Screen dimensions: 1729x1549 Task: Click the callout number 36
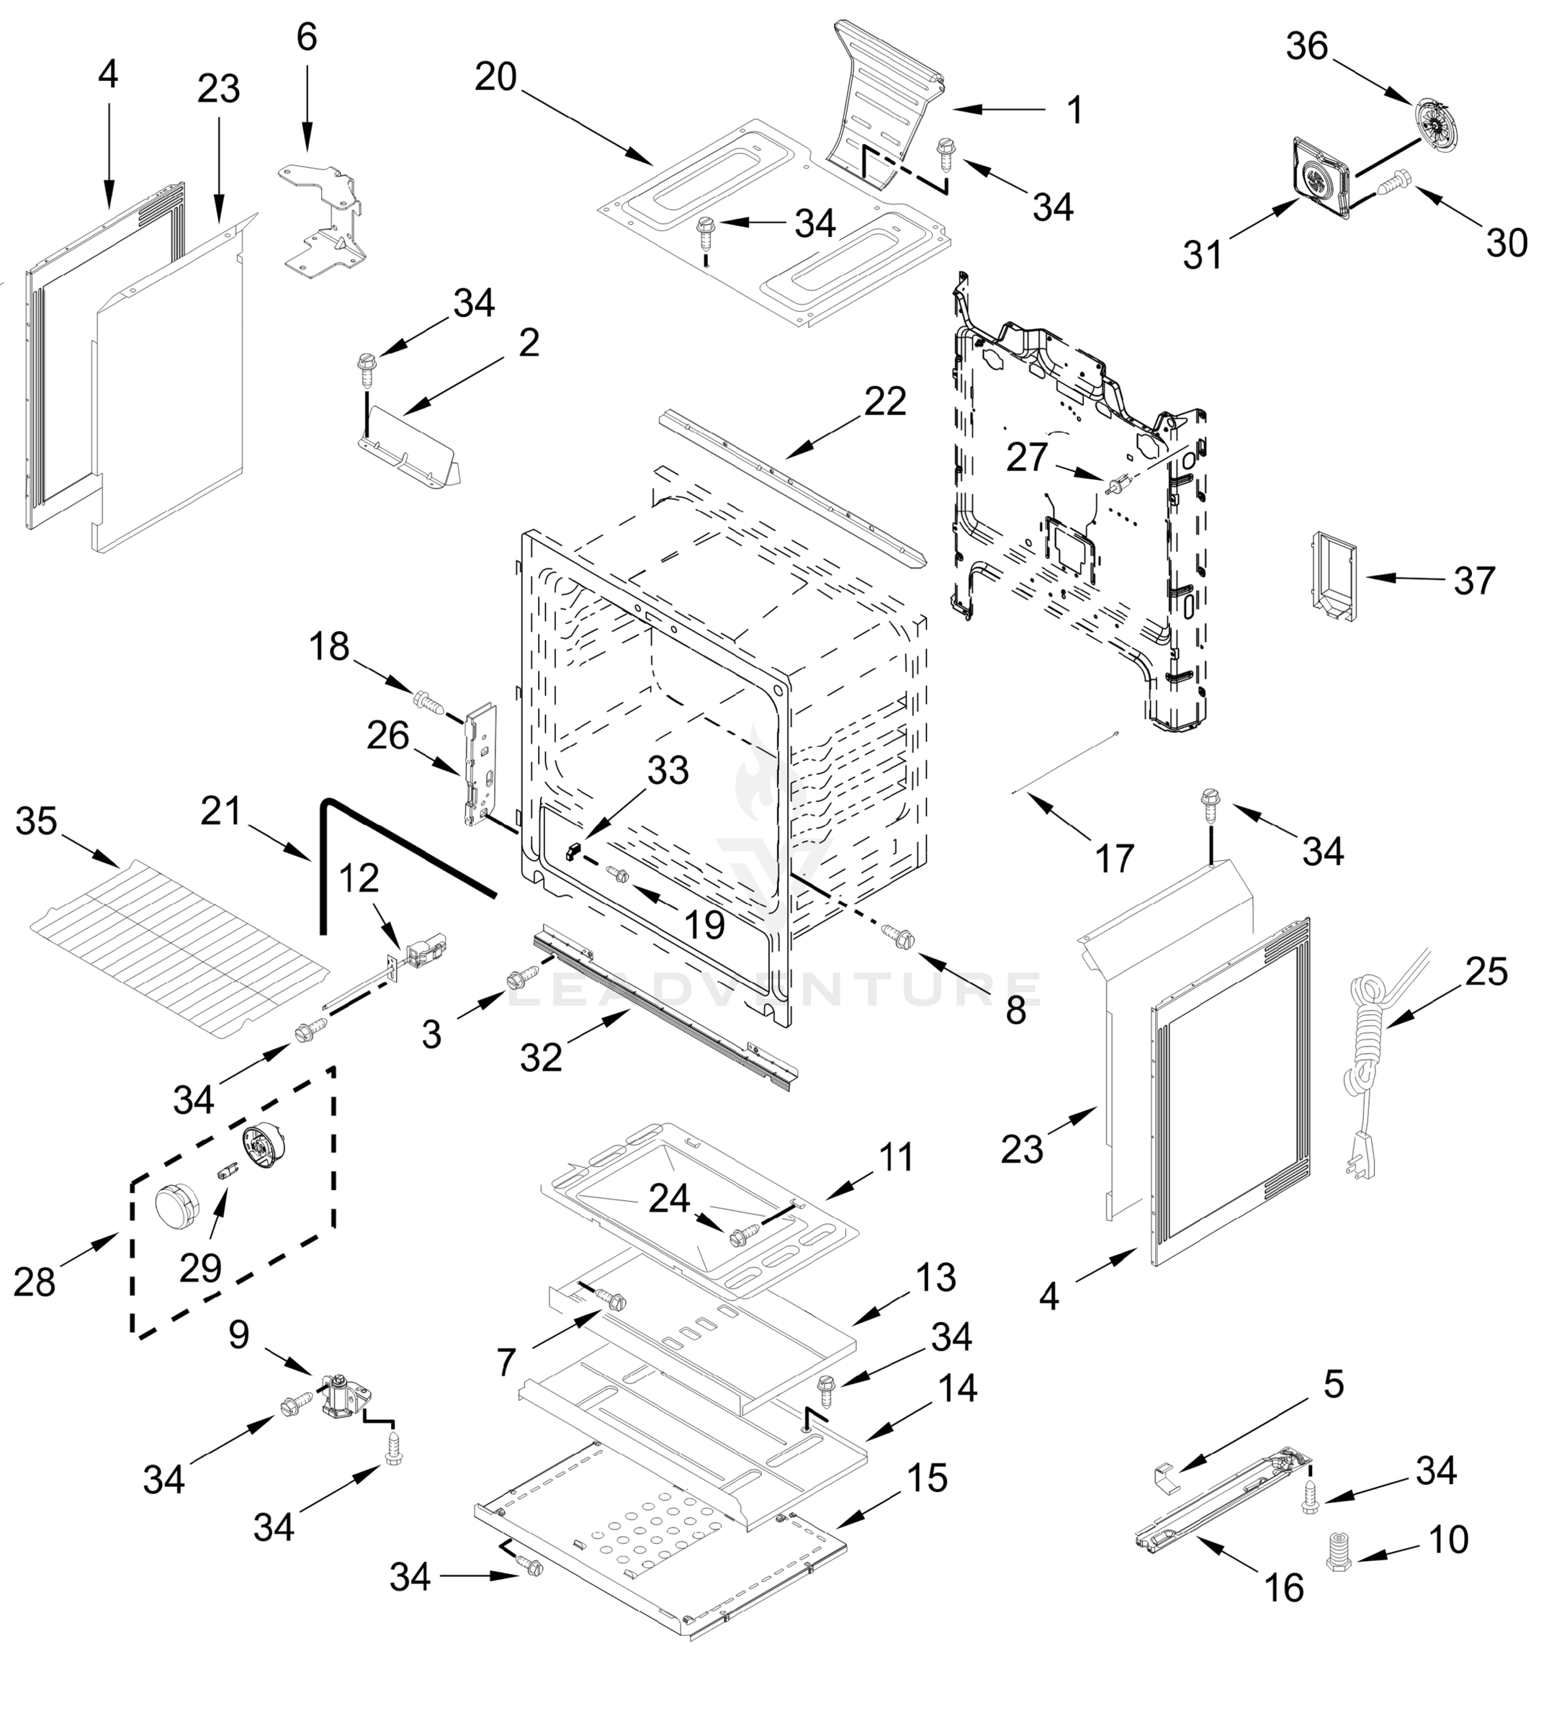[1306, 46]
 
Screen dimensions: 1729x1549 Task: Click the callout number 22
[885, 401]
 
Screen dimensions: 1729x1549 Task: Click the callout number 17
[1114, 858]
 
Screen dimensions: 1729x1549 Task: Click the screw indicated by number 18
[428, 704]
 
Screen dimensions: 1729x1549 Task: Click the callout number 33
[668, 770]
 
